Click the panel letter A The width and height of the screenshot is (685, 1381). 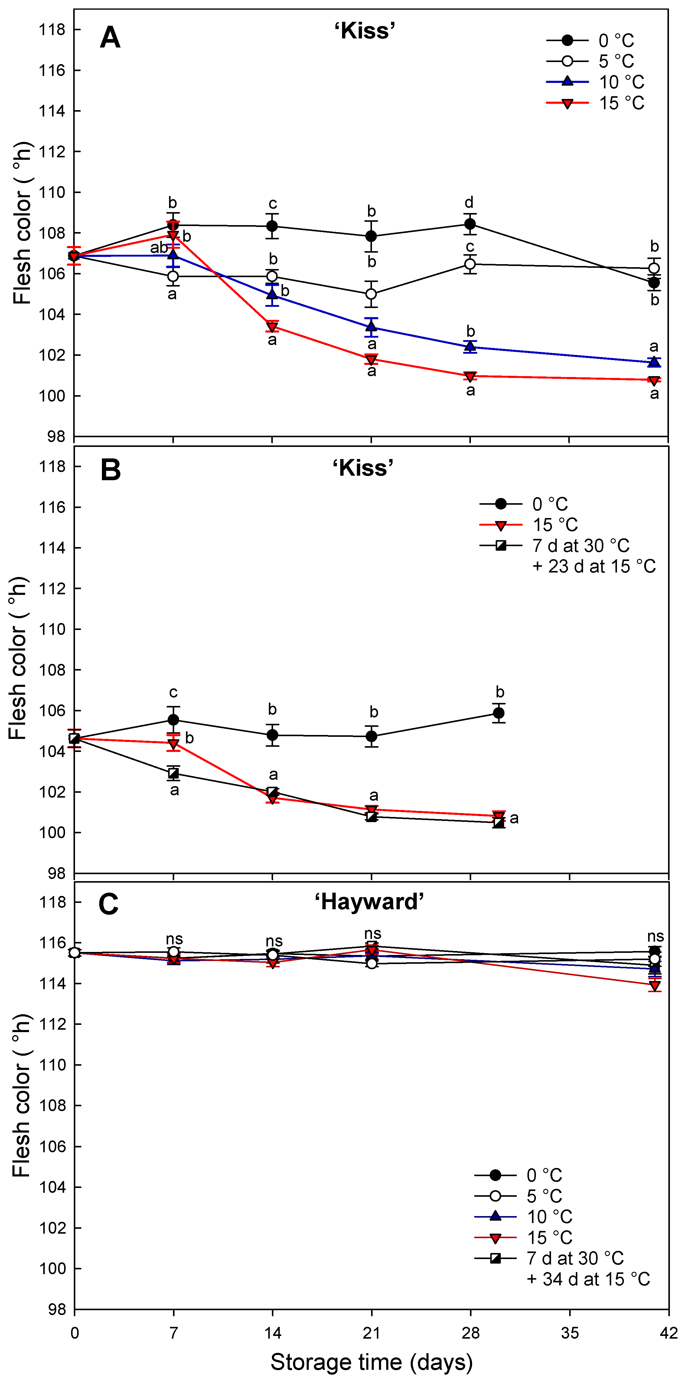110,38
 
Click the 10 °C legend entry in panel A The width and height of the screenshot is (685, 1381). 595,82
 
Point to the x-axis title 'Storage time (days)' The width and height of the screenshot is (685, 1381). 371,1362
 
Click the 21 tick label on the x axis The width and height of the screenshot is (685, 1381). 371,1333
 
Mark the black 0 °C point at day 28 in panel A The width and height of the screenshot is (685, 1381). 470,224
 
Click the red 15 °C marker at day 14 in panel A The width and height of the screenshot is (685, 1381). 272,326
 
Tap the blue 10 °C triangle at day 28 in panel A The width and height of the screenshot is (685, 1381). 470,346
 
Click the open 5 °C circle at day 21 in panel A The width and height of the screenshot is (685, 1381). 371,294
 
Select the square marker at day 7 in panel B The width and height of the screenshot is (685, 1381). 173,773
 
